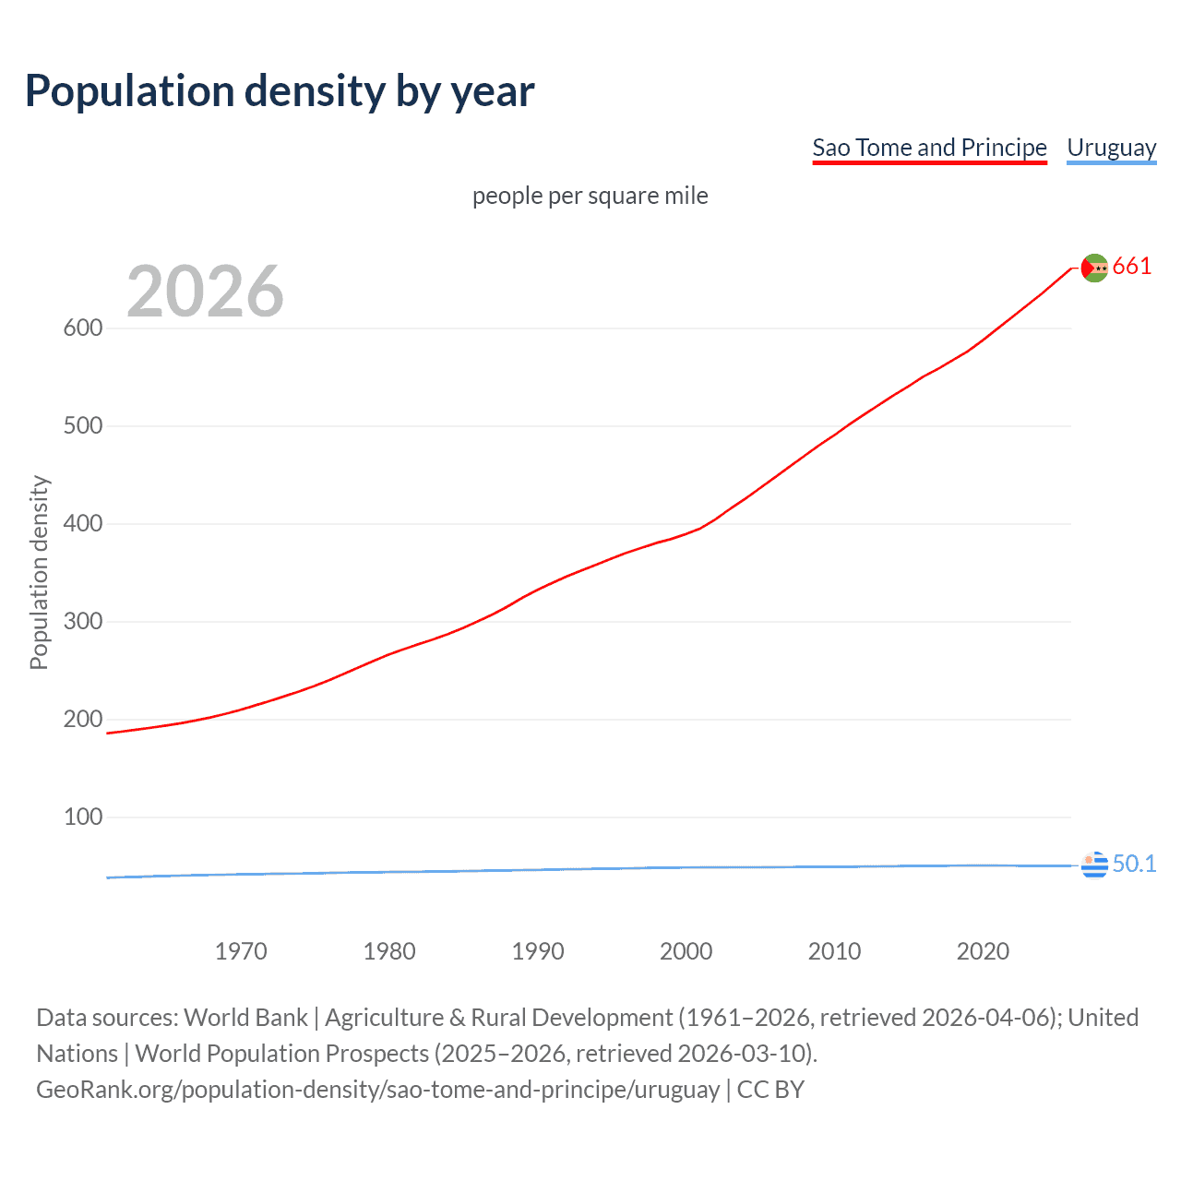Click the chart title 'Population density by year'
(280, 91)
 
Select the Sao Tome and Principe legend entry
(929, 148)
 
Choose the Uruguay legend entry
(1111, 148)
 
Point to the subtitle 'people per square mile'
(590, 196)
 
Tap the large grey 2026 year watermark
(205, 292)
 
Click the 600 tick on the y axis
(83, 328)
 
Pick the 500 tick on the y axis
(83, 425)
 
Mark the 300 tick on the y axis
(83, 621)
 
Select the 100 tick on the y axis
(83, 817)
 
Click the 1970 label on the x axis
(241, 951)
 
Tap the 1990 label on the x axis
(538, 951)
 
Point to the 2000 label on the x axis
(686, 951)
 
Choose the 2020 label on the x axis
(983, 951)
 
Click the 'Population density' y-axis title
(39, 572)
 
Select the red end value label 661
(1132, 267)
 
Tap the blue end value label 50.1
(1134, 864)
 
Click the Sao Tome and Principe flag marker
(1094, 268)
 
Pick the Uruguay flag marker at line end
(1094, 865)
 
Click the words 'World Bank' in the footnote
(245, 1018)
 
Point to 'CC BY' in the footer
(770, 1090)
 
